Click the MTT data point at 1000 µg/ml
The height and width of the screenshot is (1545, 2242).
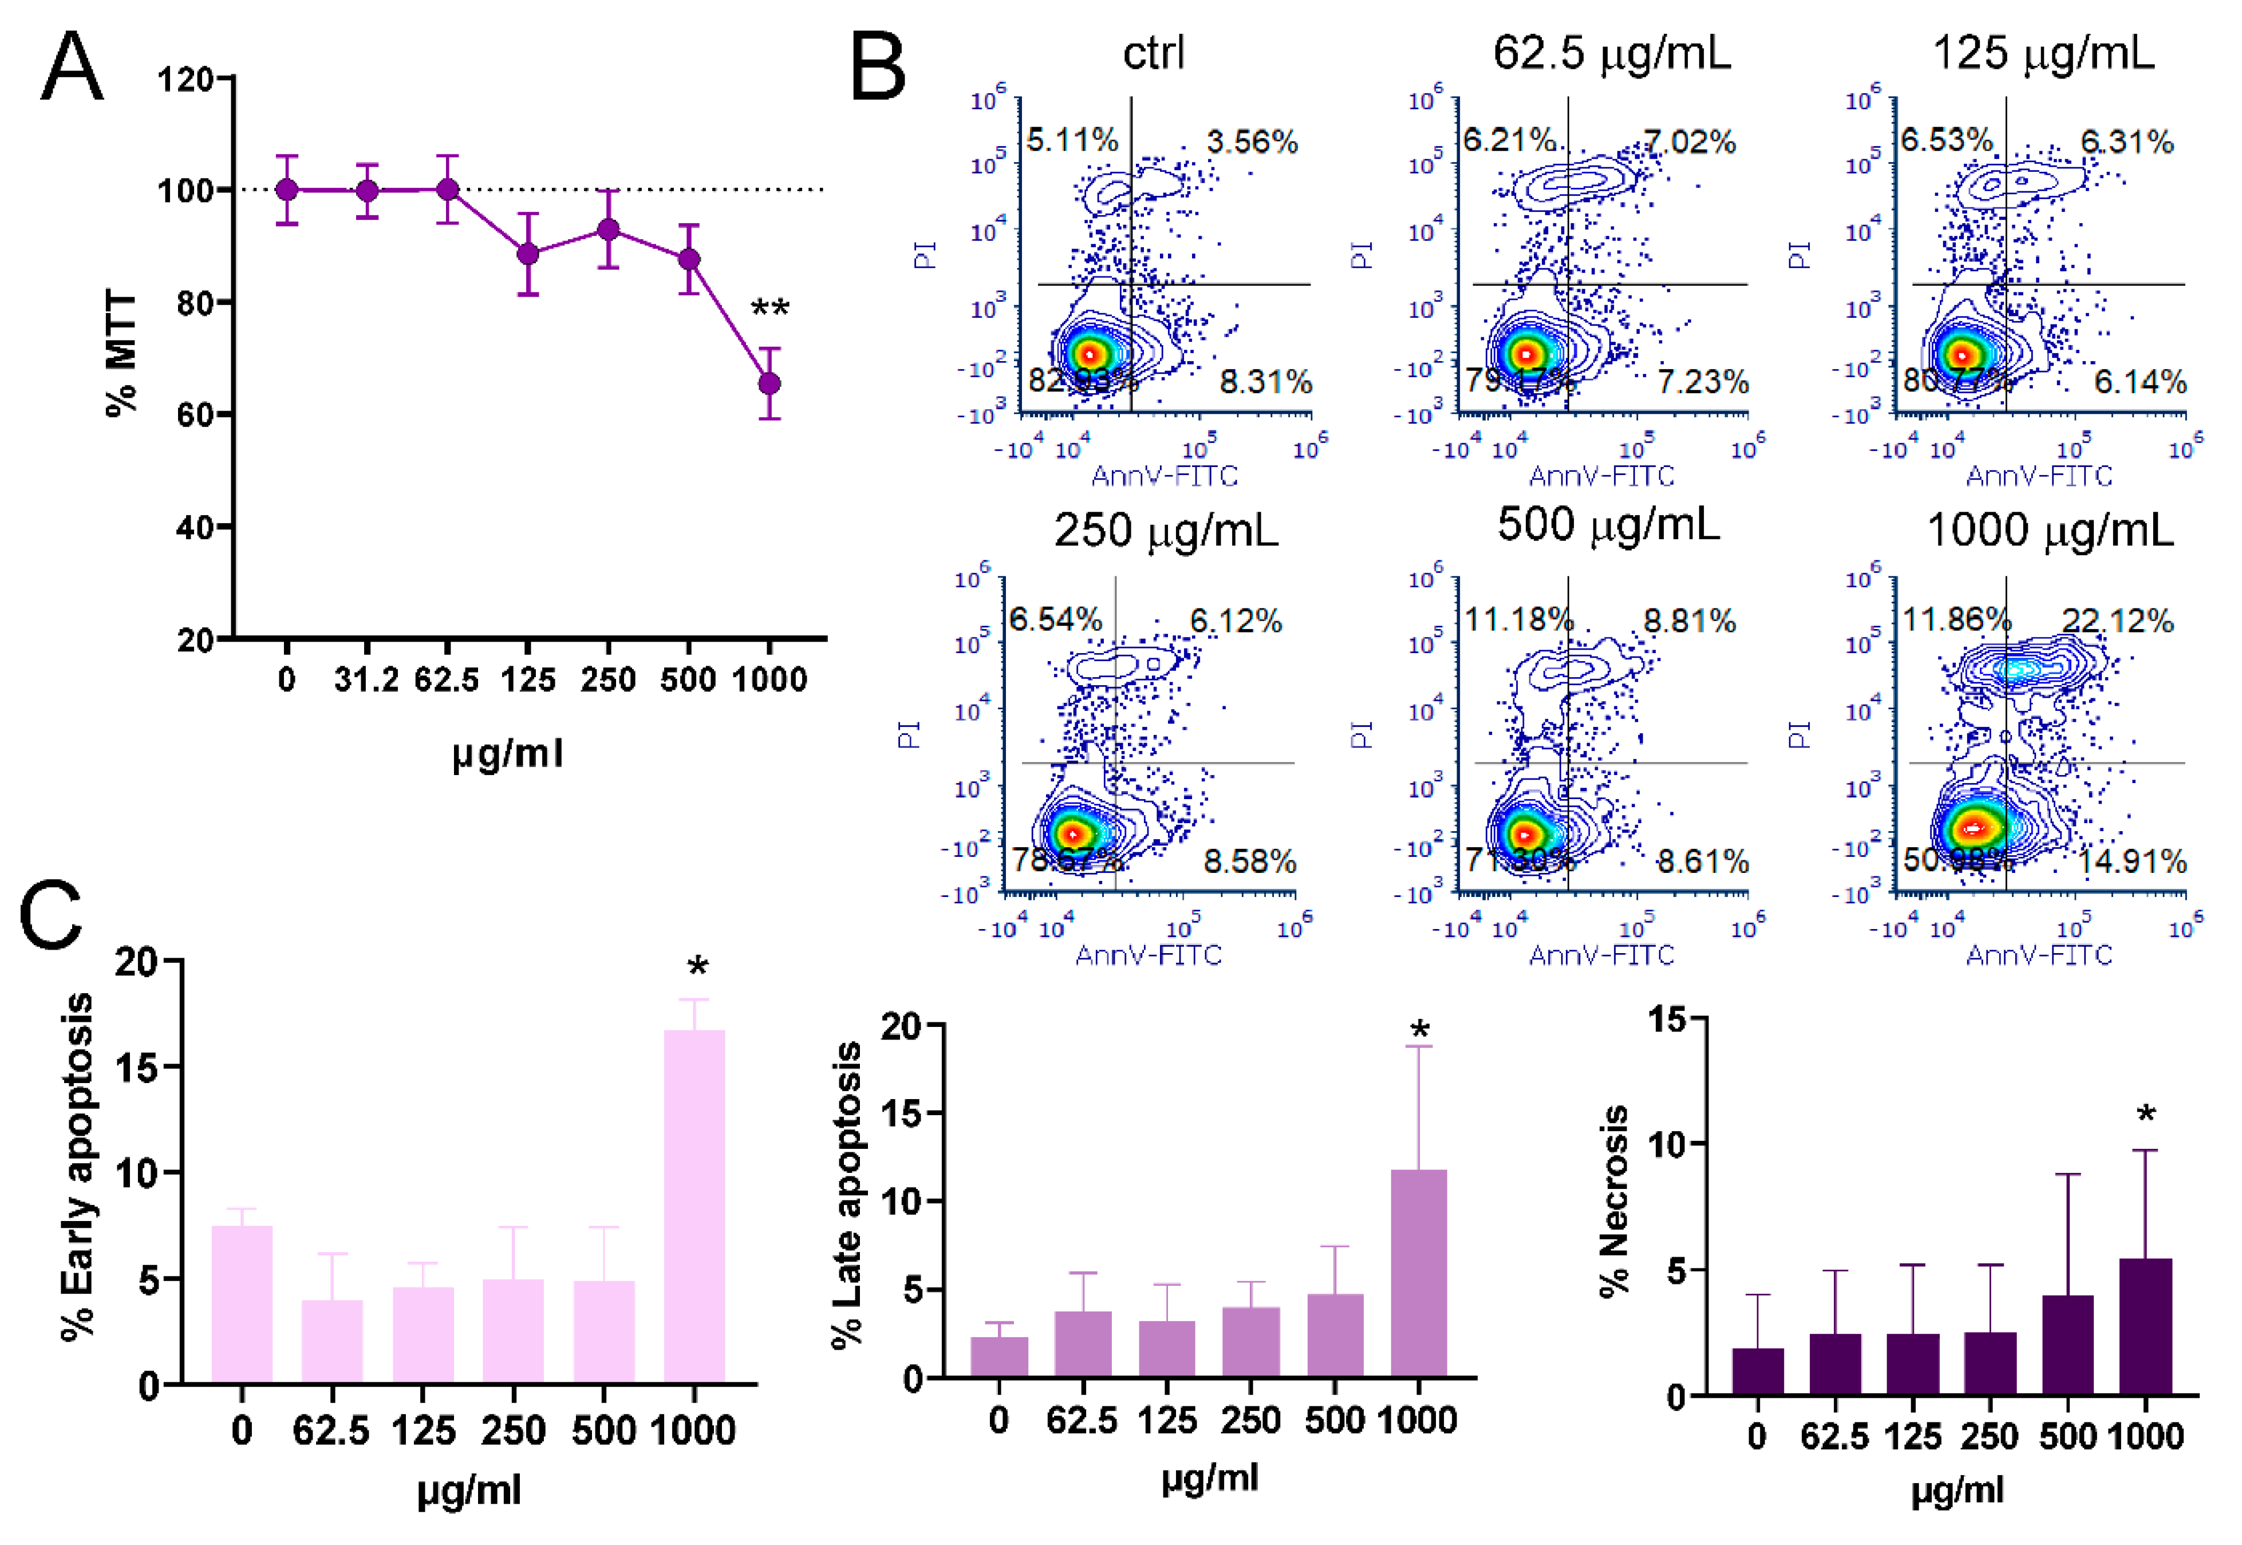pos(769,384)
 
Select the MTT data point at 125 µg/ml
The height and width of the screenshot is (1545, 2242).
pos(528,254)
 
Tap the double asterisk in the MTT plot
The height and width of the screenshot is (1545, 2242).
pos(771,310)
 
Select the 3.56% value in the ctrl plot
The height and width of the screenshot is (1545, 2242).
pos(1252,143)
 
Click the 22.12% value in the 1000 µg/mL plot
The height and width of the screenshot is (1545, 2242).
pos(2117,621)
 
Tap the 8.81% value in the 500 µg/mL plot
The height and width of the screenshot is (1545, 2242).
pos(1690,621)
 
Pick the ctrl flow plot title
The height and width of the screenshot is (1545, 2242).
pos(1153,52)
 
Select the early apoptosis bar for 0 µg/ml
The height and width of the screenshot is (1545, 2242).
pos(242,1304)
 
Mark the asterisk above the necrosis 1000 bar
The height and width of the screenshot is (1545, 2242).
pos(2146,1115)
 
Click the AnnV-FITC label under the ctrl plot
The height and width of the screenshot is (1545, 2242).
pos(1165,475)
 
